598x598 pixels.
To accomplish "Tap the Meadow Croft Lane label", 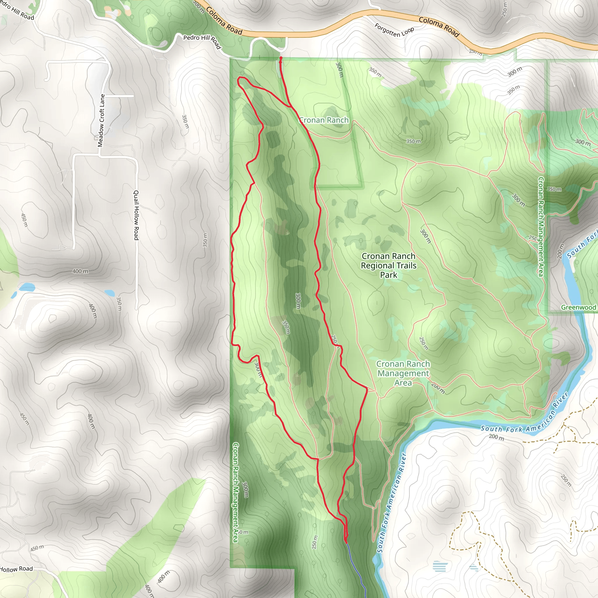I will click(x=101, y=120).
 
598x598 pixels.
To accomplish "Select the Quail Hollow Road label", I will click(x=136, y=215).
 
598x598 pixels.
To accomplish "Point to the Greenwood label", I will click(x=578, y=307).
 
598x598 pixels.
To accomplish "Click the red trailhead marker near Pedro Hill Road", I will click(x=281, y=58).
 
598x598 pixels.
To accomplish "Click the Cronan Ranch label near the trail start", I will click(x=324, y=120).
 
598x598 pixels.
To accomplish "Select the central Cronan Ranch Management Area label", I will click(x=403, y=373).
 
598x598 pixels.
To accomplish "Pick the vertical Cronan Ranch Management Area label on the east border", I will click(x=541, y=227).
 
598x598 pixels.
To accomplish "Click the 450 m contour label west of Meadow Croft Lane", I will click(x=25, y=220).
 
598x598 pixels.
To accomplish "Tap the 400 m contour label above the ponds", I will click(x=80, y=271).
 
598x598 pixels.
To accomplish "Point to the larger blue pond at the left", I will click(x=27, y=287).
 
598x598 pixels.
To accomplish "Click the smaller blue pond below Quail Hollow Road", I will click(x=110, y=292).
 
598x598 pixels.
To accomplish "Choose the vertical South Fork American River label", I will click(x=391, y=503).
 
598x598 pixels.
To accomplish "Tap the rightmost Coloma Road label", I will click(x=439, y=27).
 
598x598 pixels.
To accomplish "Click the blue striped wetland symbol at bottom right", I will click(x=440, y=566).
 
